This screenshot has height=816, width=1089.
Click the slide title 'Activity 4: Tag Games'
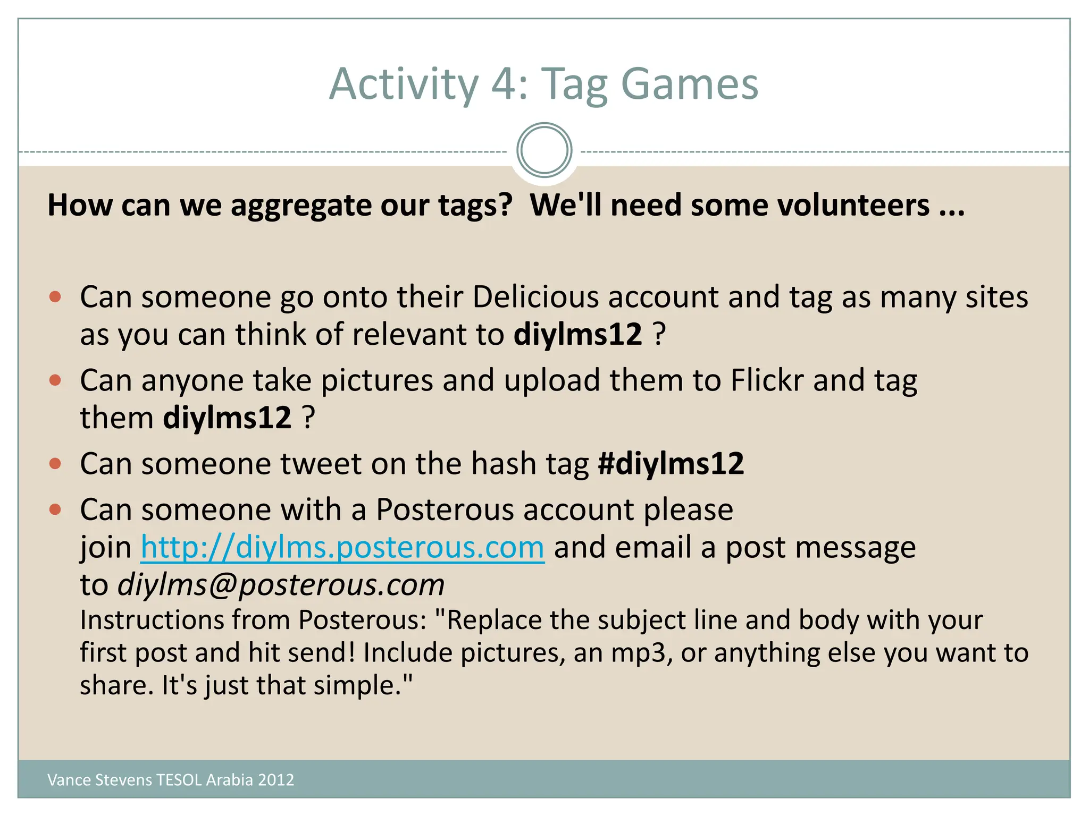pyautogui.click(x=543, y=84)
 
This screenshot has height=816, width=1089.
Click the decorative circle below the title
pyautogui.click(x=544, y=150)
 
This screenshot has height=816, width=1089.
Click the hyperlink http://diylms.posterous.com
pyautogui.click(x=342, y=547)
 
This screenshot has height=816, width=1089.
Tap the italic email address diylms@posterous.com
pyautogui.click(x=281, y=585)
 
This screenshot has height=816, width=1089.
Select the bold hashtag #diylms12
pyautogui.click(x=671, y=464)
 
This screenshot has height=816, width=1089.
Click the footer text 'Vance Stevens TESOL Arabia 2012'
pyautogui.click(x=171, y=779)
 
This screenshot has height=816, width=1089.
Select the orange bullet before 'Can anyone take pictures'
pyautogui.click(x=55, y=380)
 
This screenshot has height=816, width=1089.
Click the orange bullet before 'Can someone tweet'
pyautogui.click(x=55, y=464)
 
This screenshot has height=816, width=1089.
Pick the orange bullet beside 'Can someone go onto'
pyautogui.click(x=55, y=296)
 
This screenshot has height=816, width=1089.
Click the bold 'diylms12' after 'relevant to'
pyautogui.click(x=577, y=335)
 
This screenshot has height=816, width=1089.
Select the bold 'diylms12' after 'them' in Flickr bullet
pyautogui.click(x=227, y=418)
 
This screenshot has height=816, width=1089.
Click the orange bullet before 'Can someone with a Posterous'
pyautogui.click(x=55, y=510)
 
